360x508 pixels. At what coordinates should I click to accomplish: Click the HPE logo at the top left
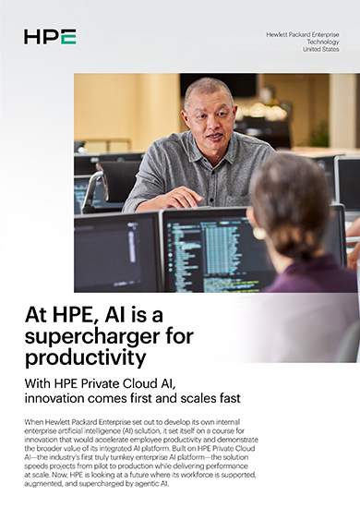[50, 37]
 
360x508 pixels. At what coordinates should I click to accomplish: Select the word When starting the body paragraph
[32, 420]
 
